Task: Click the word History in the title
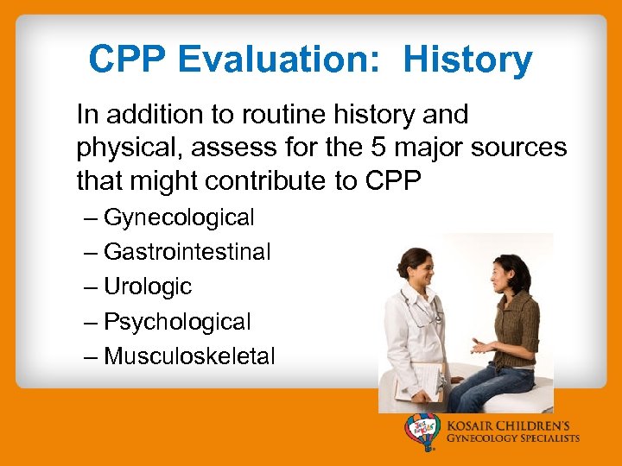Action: (467, 60)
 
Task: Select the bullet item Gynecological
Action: (179, 217)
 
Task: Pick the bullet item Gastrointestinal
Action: (187, 252)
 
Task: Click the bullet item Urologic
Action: (148, 287)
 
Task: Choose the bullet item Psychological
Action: (177, 322)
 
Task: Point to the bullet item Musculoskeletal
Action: (189, 356)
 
